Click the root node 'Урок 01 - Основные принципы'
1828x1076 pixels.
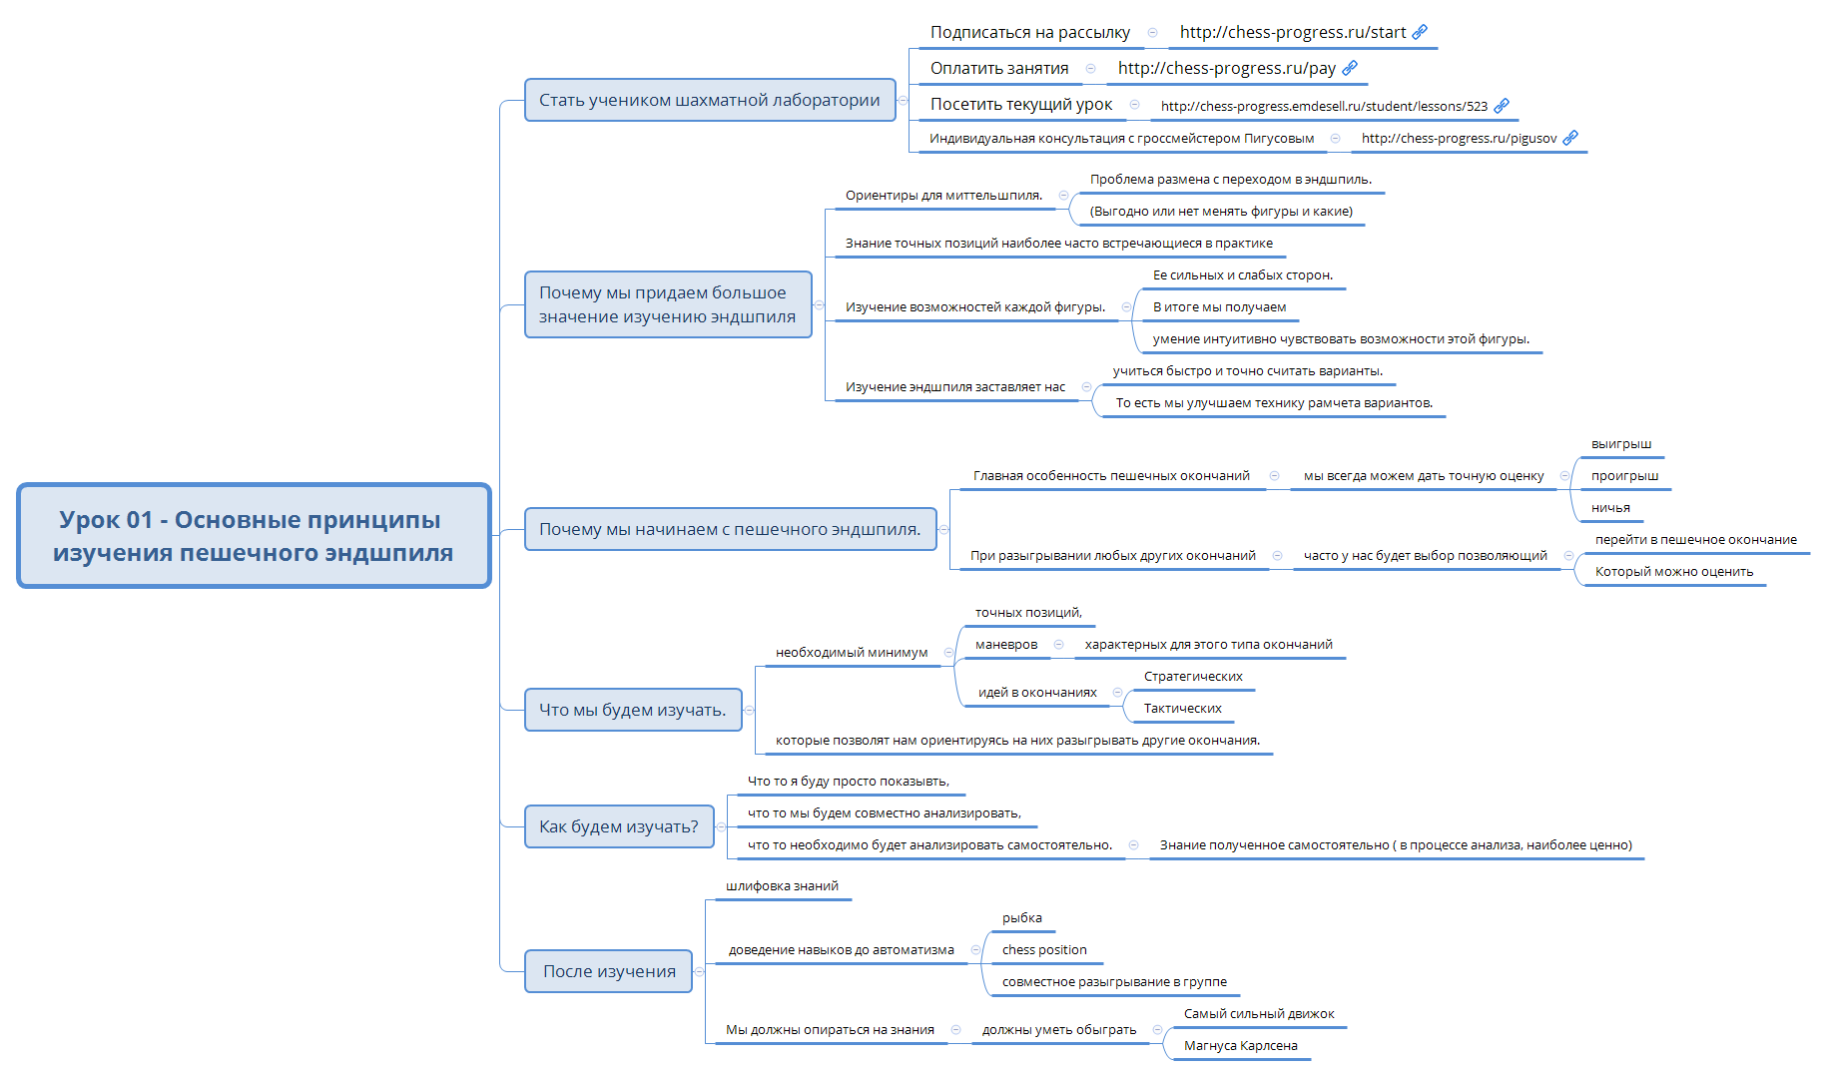[254, 536]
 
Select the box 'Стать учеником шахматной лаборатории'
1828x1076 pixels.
[709, 100]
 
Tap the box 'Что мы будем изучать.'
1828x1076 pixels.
[632, 710]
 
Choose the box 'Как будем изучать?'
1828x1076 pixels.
[619, 826]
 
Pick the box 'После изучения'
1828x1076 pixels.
[608, 971]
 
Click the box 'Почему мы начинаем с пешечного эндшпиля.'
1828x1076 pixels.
[730, 529]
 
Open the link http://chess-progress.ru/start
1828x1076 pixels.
[1292, 32]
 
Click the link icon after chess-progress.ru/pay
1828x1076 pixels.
[1350, 68]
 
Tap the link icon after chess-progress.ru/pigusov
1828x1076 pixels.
[1570, 138]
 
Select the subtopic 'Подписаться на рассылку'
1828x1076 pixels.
[1029, 32]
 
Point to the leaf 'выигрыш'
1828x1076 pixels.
[1620, 444]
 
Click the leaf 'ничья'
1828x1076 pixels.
[1609, 508]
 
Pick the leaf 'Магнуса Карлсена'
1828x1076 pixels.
[1240, 1046]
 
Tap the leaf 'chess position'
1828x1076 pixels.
[1043, 950]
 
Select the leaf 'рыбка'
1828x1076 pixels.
[1021, 918]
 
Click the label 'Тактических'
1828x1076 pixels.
[1182, 709]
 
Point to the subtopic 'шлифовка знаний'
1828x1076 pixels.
[782, 886]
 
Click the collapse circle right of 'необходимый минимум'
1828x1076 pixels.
[948, 653]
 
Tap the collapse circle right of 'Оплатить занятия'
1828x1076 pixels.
[1090, 68]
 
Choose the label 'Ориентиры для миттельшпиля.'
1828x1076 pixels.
[942, 196]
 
